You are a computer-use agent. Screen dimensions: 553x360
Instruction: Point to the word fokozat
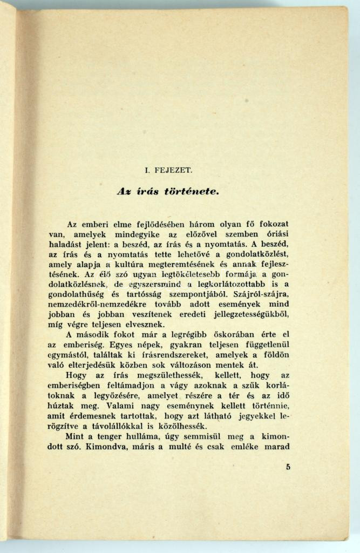[x=270, y=224]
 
